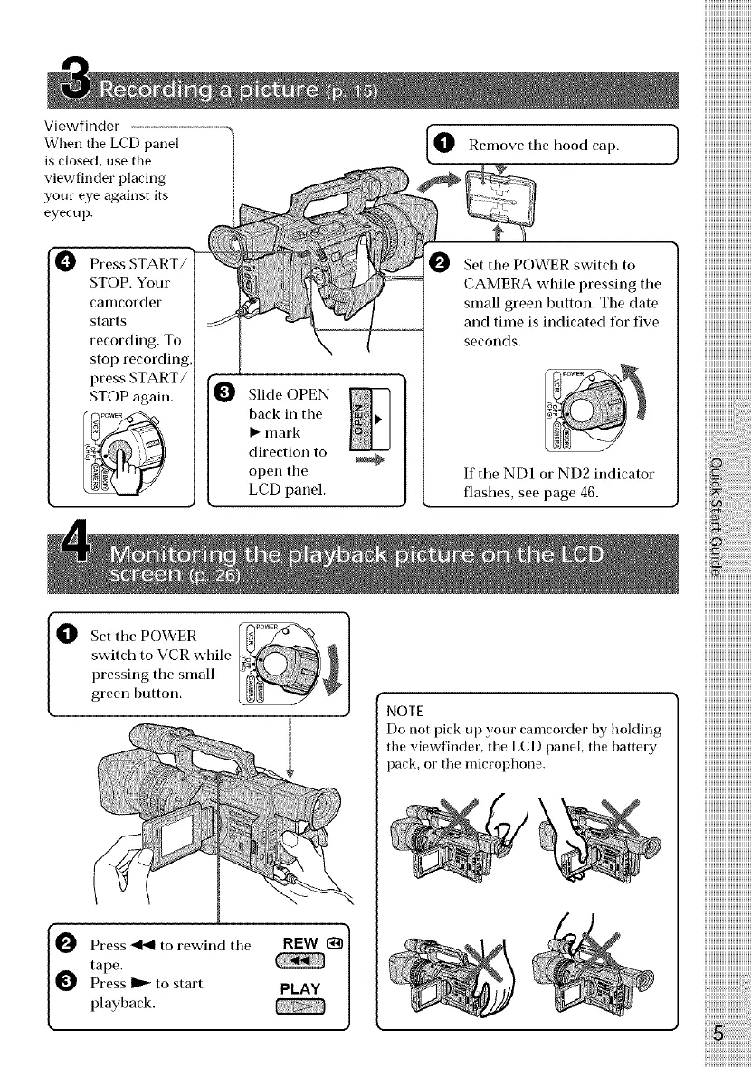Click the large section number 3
(x=75, y=84)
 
